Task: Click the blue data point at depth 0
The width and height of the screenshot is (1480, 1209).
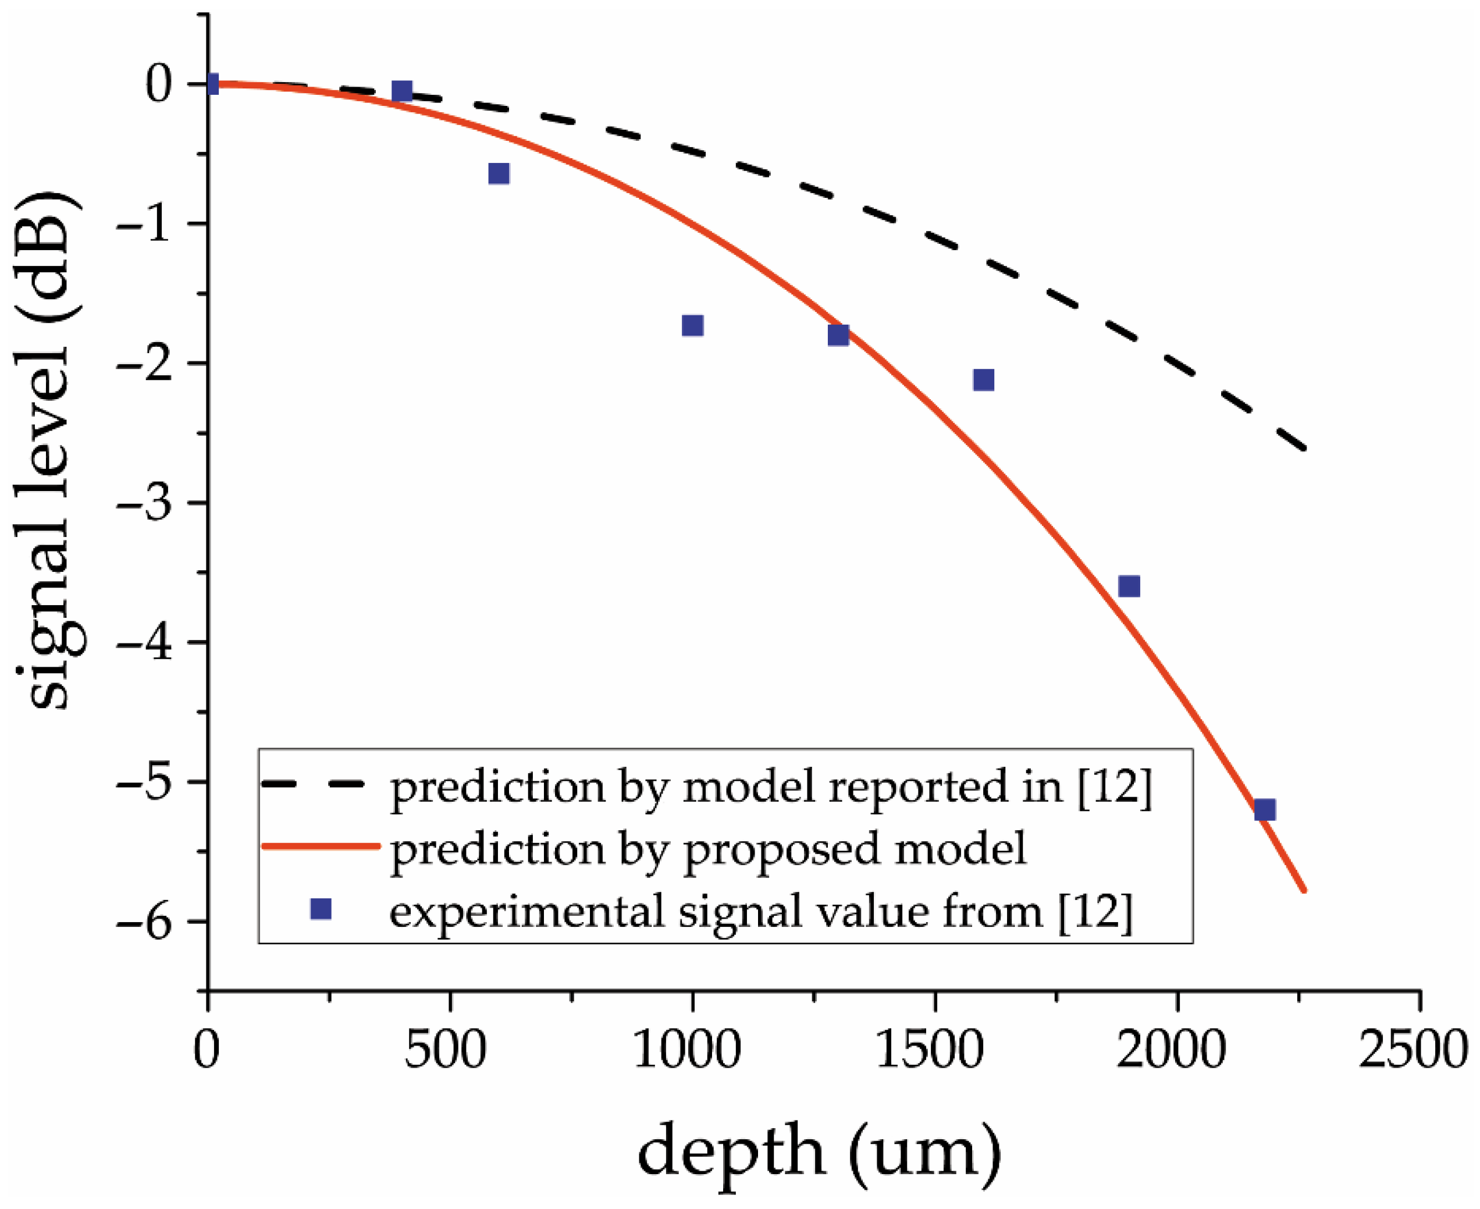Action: [212, 84]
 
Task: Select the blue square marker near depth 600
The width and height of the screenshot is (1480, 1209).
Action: [499, 173]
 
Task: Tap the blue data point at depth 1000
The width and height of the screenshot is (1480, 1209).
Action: [692, 325]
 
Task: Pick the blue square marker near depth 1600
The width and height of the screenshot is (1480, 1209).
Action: [983, 379]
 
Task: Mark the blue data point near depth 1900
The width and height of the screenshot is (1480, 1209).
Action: [1129, 586]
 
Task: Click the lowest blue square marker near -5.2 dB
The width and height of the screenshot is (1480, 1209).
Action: [1265, 810]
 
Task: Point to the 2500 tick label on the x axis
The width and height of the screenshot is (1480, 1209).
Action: [1414, 1050]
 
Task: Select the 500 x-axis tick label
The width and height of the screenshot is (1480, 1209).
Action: [445, 1050]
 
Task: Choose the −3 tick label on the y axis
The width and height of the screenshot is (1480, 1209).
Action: [144, 503]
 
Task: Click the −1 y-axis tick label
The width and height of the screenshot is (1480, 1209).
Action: [144, 224]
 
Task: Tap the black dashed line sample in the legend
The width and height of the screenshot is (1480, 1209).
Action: [314, 784]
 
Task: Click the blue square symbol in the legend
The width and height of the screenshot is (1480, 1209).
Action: [321, 909]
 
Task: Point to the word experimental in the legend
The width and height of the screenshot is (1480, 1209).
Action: [526, 911]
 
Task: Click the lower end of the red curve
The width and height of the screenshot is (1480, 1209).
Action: [1304, 890]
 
